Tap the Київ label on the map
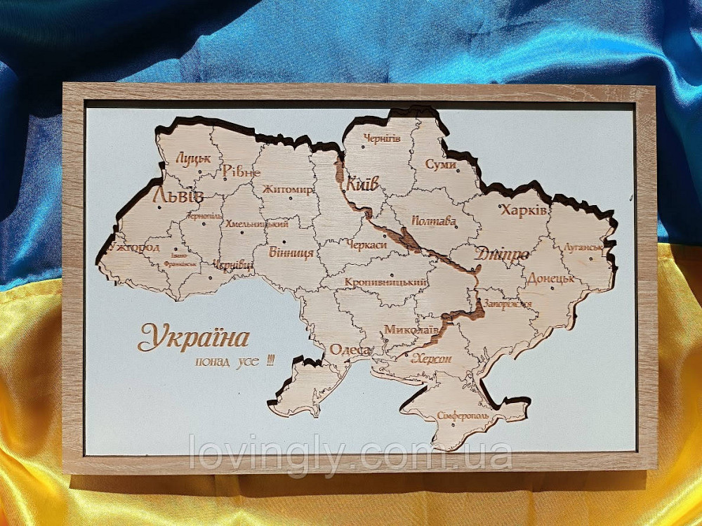[362, 184]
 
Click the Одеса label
[350, 350]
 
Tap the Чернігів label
[383, 138]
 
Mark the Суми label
[441, 164]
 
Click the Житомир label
[288, 189]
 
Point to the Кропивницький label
[386, 282]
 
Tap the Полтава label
[434, 221]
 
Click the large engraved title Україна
[194, 338]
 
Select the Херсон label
[432, 358]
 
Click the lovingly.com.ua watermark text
[351, 455]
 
